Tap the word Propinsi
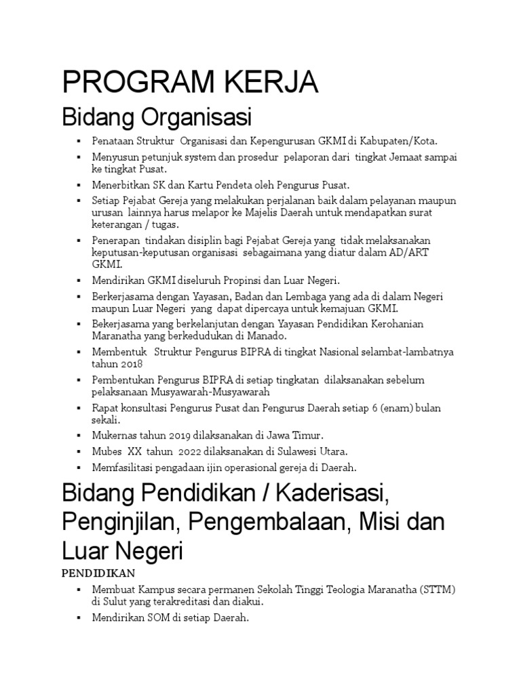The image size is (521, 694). click(229, 280)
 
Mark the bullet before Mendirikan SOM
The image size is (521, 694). click(79, 618)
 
